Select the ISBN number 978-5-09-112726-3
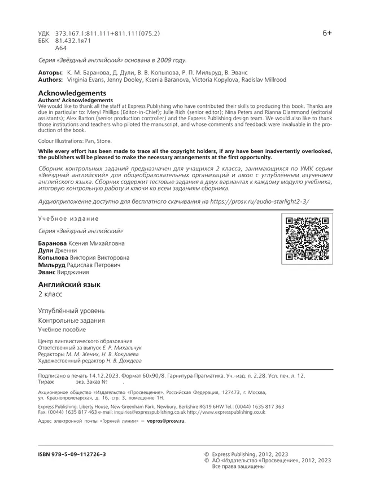click(72, 454)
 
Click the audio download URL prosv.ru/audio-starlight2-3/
click(259, 201)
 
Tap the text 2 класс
click(50, 295)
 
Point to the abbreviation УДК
click(45, 34)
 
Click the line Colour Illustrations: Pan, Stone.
click(75, 141)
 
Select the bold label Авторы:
click(49, 73)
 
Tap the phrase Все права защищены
click(238, 467)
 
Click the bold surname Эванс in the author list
click(47, 272)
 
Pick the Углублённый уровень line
click(71, 310)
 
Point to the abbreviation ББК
click(45, 41)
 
